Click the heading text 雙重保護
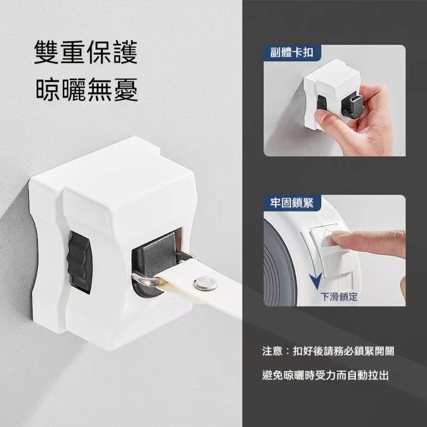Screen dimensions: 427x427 tap(86, 53)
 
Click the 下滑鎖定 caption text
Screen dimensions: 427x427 tap(338, 296)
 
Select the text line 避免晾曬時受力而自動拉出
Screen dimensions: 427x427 tap(326, 375)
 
